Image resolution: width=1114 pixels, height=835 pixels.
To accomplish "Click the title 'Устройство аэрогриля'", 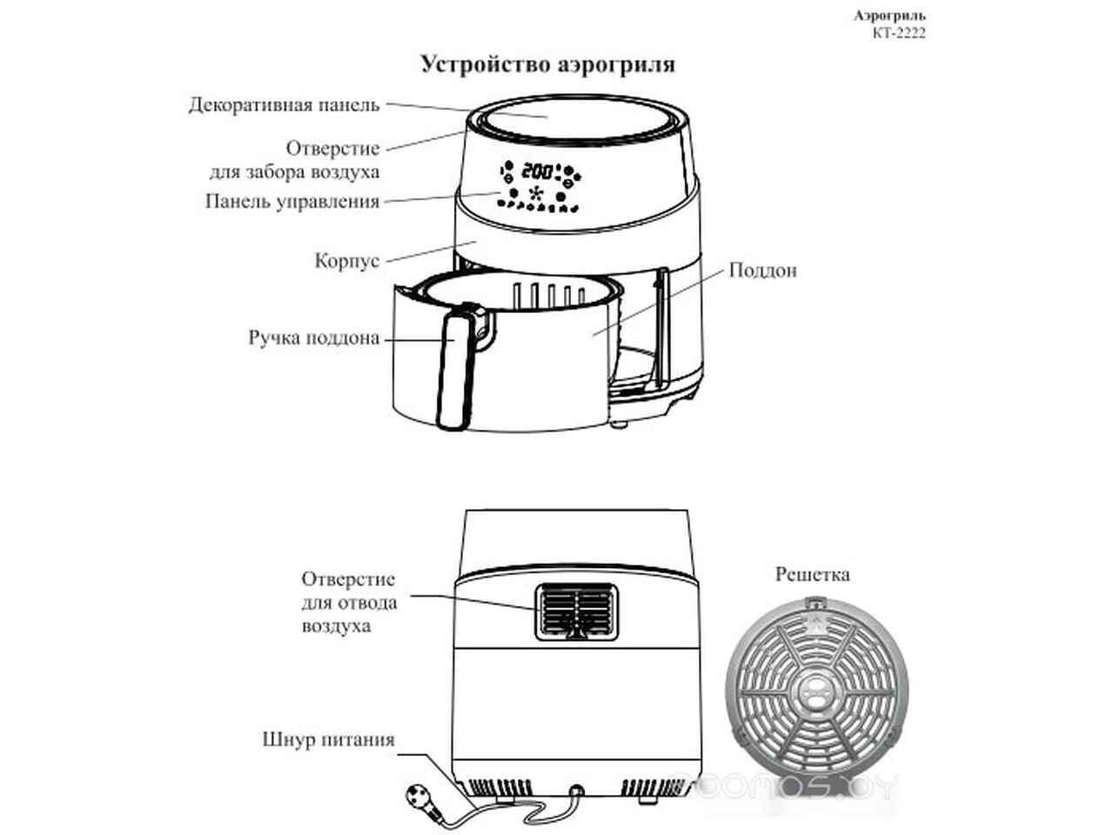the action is (x=547, y=65).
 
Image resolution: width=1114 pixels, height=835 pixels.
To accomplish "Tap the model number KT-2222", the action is (x=899, y=33).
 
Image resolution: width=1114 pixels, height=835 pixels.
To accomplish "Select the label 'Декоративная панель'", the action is (x=285, y=105).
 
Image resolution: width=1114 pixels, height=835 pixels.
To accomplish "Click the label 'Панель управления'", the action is (x=292, y=201).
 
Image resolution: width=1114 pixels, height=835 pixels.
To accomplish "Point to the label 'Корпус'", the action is (x=347, y=261).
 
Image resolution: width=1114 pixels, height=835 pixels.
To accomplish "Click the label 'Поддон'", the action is (x=762, y=271).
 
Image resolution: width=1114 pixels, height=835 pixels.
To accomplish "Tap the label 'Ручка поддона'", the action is (x=313, y=338).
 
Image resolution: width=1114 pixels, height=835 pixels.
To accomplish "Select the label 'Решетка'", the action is (x=813, y=575).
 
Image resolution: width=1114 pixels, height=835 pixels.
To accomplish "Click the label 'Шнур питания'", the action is (x=328, y=739).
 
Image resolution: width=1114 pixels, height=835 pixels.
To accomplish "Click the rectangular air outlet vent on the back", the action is (x=577, y=611).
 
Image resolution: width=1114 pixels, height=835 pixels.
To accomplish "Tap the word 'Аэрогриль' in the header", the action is (x=889, y=16).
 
